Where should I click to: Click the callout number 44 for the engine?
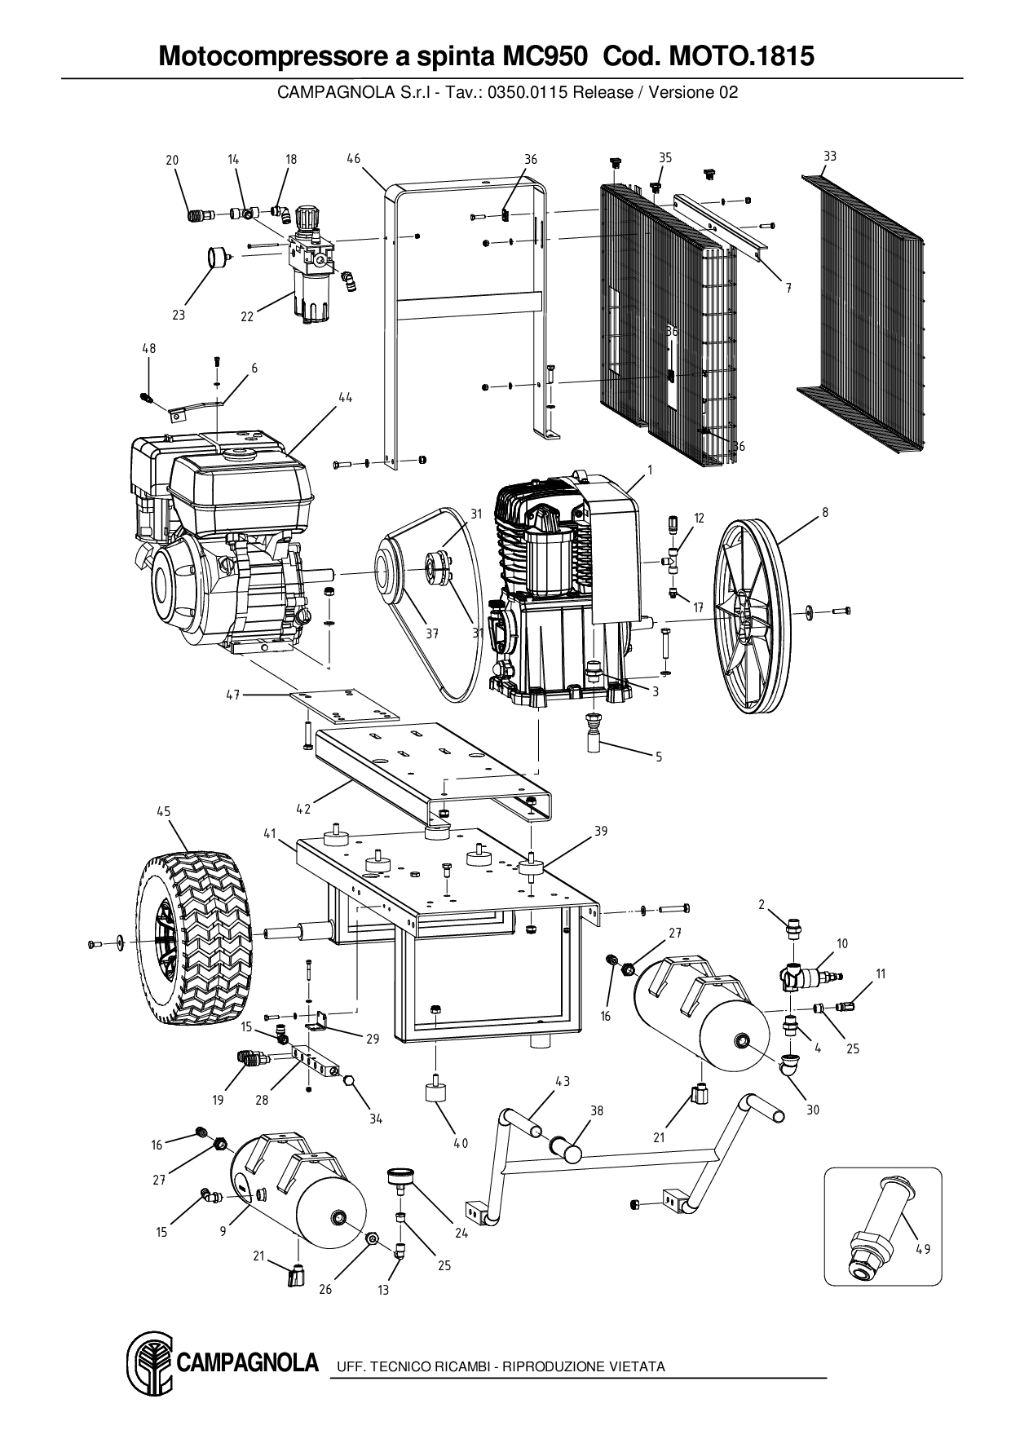coord(346,397)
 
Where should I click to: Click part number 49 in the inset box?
coord(922,1249)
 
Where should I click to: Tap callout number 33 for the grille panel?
coord(830,157)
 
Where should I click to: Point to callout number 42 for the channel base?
coord(303,810)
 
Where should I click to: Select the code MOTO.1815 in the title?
coord(741,55)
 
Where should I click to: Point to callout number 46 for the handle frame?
coord(353,159)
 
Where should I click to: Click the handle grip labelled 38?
coord(567,1150)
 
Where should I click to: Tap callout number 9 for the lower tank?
coord(223,1232)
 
